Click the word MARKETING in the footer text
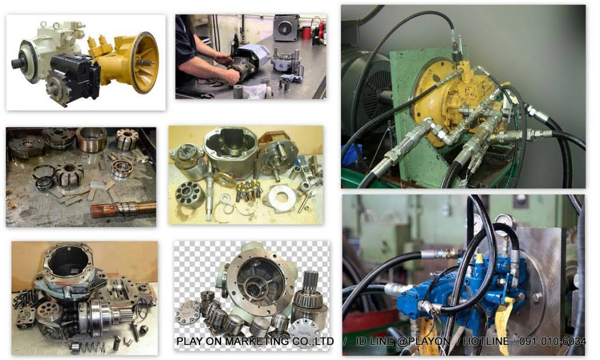pos(257,341)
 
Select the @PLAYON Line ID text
pos(423,341)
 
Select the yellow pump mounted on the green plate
pos(455,100)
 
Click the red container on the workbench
pos(306,32)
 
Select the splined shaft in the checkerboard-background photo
pos(310,295)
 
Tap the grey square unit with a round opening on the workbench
pos(286,28)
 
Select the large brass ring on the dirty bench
pos(91,139)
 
